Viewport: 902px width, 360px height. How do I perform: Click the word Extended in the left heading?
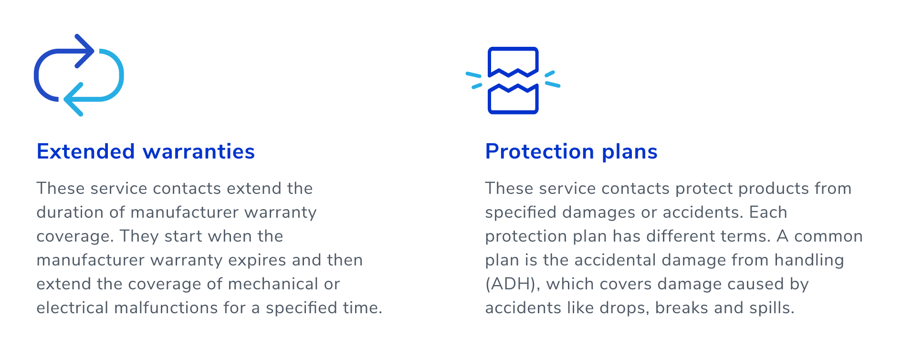click(86, 151)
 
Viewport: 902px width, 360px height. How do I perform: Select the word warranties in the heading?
click(199, 151)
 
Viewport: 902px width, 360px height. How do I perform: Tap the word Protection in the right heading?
click(540, 151)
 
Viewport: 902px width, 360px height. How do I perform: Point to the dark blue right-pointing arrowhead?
click(86, 51)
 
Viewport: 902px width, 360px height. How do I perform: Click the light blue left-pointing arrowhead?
click(73, 99)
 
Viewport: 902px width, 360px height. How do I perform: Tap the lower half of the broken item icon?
click(513, 99)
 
